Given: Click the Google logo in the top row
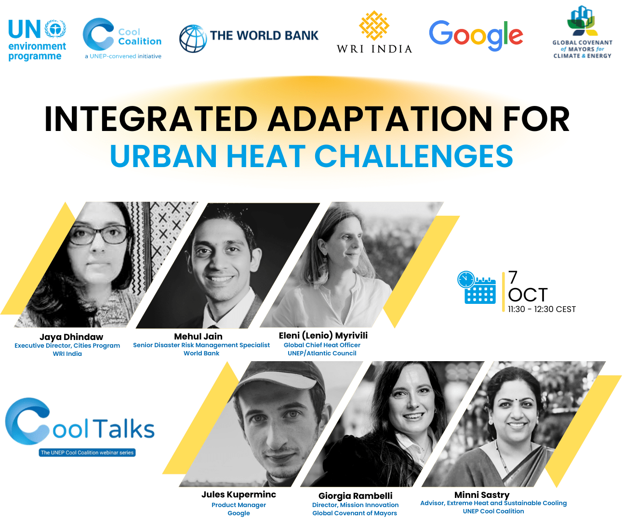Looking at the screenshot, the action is pos(476,36).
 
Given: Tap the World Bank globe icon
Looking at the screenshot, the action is pos(193,39).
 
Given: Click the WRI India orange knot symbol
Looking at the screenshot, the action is pos(374,26).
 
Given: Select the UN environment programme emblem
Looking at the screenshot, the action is pos(55,28).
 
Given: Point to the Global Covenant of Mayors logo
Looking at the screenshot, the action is pos(582,32).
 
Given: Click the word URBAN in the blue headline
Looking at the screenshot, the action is pos(163,156).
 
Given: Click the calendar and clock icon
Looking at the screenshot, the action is pos(476,287).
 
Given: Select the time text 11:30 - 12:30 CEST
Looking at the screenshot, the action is pos(542,309).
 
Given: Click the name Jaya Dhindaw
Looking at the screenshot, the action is pos(71,337).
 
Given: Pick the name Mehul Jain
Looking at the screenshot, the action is pos(198,336).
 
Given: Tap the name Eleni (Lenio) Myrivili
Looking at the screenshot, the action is pos(323,335).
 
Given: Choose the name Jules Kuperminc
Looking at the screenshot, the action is pos(239,494).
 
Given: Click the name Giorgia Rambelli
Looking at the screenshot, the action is pos(356,496).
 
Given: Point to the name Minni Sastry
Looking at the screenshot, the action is pos(482,495).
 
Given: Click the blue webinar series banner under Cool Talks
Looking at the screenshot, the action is pos(87,452).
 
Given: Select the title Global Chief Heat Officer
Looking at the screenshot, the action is pos(322,345).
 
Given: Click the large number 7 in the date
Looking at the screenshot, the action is pos(513,277).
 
